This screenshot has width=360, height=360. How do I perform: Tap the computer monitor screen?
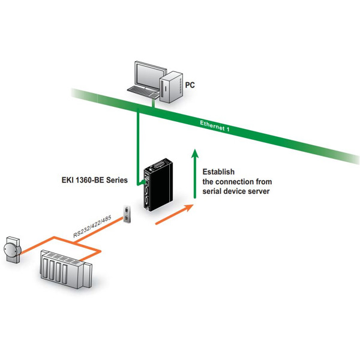[145, 74]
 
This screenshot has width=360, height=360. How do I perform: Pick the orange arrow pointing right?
[174, 214]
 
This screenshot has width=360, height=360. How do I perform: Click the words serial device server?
[236, 191]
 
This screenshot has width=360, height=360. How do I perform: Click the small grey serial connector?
[128, 214]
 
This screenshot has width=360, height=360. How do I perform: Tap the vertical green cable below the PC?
[139, 144]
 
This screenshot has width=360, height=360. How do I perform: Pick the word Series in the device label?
[115, 179]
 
